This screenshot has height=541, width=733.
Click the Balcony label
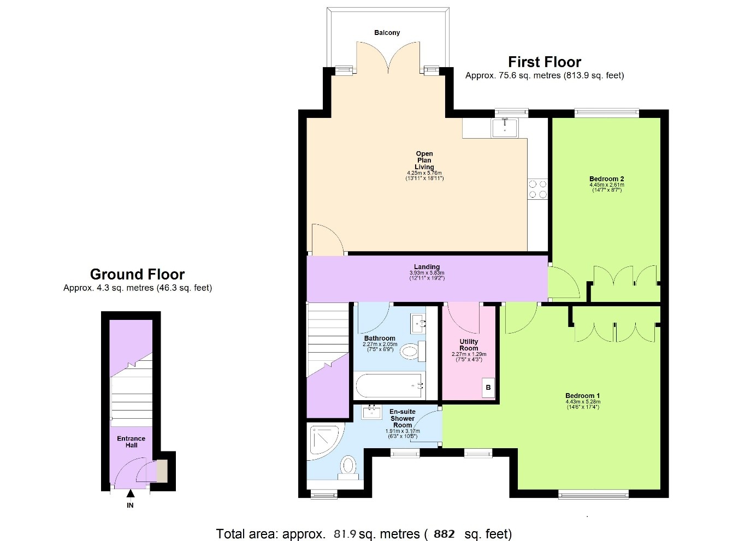387,33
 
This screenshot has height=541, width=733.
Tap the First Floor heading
544,62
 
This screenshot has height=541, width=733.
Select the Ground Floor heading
137,274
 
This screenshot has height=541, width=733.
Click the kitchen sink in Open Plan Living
505,128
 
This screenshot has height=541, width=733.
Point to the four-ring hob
537,189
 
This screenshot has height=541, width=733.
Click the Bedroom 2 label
606,179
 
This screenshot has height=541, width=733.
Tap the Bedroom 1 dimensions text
582,405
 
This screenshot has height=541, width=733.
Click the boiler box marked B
488,388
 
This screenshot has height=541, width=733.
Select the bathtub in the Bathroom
389,386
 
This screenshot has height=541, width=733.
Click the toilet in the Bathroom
411,351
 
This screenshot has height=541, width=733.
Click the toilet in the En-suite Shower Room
348,467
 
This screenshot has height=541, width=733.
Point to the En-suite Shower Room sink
372,412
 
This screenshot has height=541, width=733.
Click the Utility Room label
469,344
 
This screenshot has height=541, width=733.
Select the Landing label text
427,267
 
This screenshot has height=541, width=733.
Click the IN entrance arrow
130,494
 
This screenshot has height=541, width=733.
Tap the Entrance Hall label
131,442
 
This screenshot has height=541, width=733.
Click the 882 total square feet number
444,534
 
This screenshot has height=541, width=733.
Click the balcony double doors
388,58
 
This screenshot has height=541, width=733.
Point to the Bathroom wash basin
418,324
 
